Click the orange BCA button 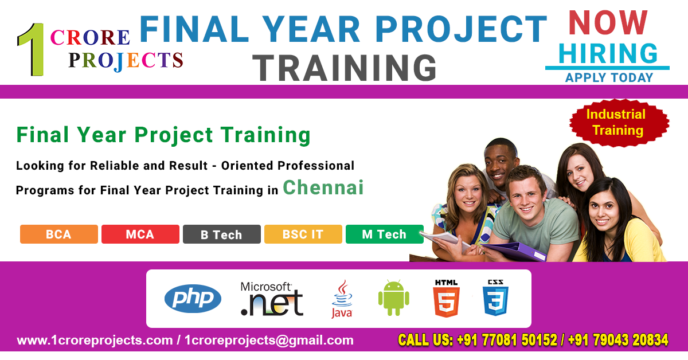tap(59, 234)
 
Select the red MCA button tap(140, 234)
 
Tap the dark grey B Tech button tap(221, 234)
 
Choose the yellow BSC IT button tap(303, 234)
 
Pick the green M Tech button tap(384, 234)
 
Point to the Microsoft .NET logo tap(271, 299)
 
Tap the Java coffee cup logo tap(342, 299)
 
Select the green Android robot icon tap(393, 298)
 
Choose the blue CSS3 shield tap(496, 299)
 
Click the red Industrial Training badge tap(619, 122)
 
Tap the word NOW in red tap(608, 23)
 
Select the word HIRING tap(608, 54)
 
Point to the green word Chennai tap(323, 187)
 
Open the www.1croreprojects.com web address tap(95, 341)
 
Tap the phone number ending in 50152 tap(507, 341)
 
